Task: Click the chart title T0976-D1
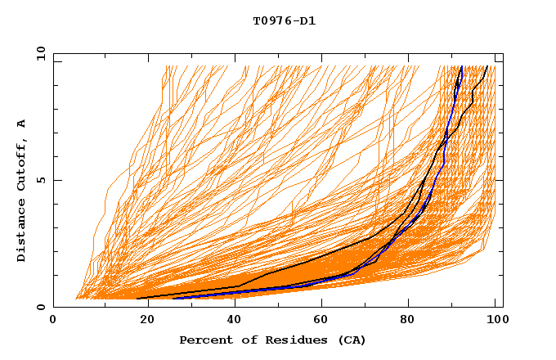[x=284, y=21]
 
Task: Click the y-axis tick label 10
[x=40, y=52]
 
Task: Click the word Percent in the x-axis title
[x=205, y=340]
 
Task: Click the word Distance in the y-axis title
[x=22, y=230]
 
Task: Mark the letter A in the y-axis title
[x=22, y=124]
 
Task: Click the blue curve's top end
[x=462, y=66]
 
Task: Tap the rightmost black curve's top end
[x=488, y=66]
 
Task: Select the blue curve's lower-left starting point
[x=173, y=298]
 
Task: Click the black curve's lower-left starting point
[x=137, y=298]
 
